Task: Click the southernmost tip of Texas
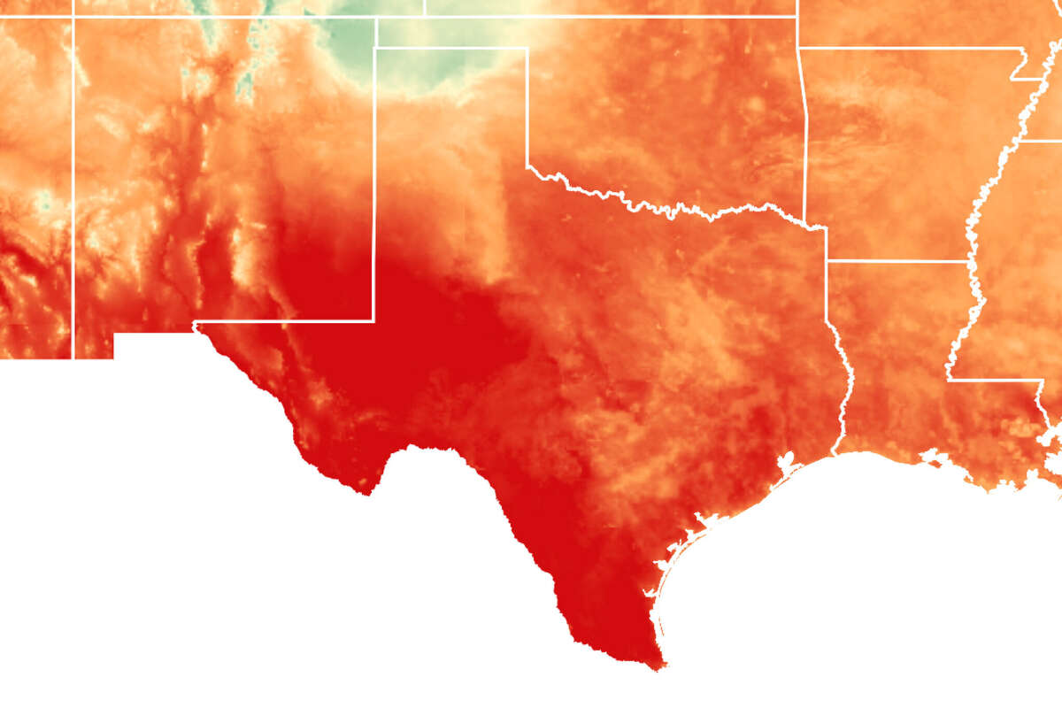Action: tap(659, 666)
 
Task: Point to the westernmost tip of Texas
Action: tap(196, 325)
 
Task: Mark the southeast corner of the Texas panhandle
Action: tap(528, 165)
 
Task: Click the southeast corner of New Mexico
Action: tap(373, 320)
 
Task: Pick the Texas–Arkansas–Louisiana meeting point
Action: tap(827, 261)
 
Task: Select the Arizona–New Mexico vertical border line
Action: tap(73, 177)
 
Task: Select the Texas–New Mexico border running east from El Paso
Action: tap(283, 321)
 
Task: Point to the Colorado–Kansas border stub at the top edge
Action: tap(425, 7)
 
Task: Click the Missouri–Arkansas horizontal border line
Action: tap(912, 48)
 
